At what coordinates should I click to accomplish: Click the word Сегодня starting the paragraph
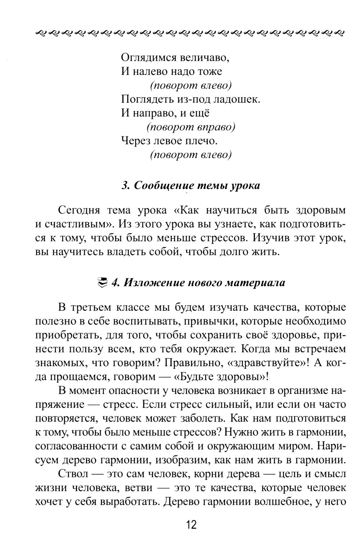(77, 210)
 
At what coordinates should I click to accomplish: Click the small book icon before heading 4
(103, 283)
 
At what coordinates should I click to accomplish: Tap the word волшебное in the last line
(279, 502)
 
